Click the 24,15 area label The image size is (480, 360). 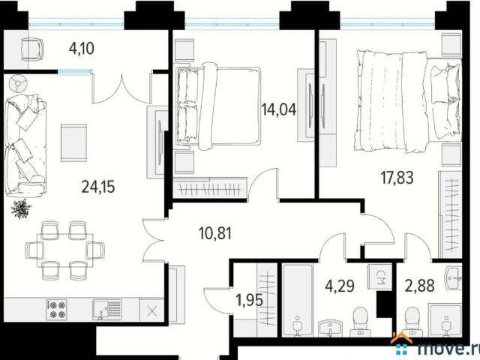pos(98,187)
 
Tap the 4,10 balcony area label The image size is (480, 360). pos(82,49)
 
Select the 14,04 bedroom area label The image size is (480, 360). pos(279,109)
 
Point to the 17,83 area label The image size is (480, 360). pos(397,178)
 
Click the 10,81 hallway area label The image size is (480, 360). pos(215,233)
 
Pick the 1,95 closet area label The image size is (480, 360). pos(250,300)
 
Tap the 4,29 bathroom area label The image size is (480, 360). pos(340,286)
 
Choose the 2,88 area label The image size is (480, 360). pos(420,286)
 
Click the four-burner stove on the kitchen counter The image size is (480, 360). pos(56,310)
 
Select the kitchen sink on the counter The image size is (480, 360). pos(106,310)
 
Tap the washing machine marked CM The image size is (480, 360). pos(379,277)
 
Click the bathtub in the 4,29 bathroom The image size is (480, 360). pos(298,300)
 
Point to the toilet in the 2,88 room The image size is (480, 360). pos(410,321)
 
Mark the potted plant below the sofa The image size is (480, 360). pos(21,208)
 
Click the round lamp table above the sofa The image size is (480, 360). pos(18,83)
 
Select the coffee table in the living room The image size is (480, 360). pos(73,142)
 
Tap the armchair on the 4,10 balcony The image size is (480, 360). pos(32,49)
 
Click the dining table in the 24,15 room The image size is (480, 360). pos(65,250)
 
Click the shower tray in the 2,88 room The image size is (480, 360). pos(445,320)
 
